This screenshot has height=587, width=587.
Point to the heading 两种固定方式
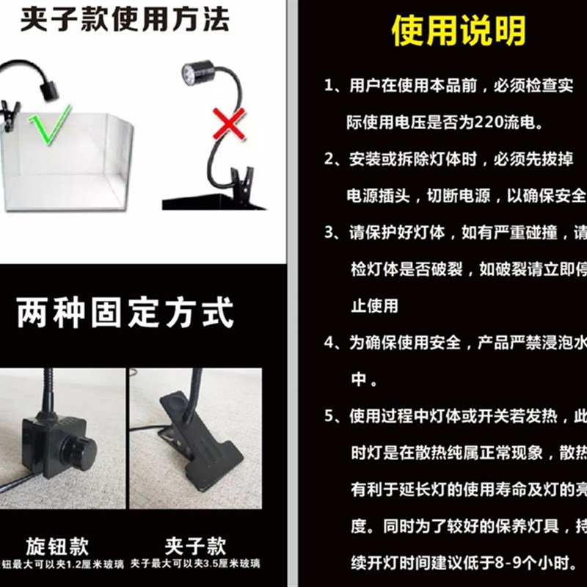[x=125, y=312]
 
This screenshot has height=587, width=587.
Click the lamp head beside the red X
[x=197, y=73]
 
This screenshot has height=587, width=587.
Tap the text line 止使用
[x=374, y=305]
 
